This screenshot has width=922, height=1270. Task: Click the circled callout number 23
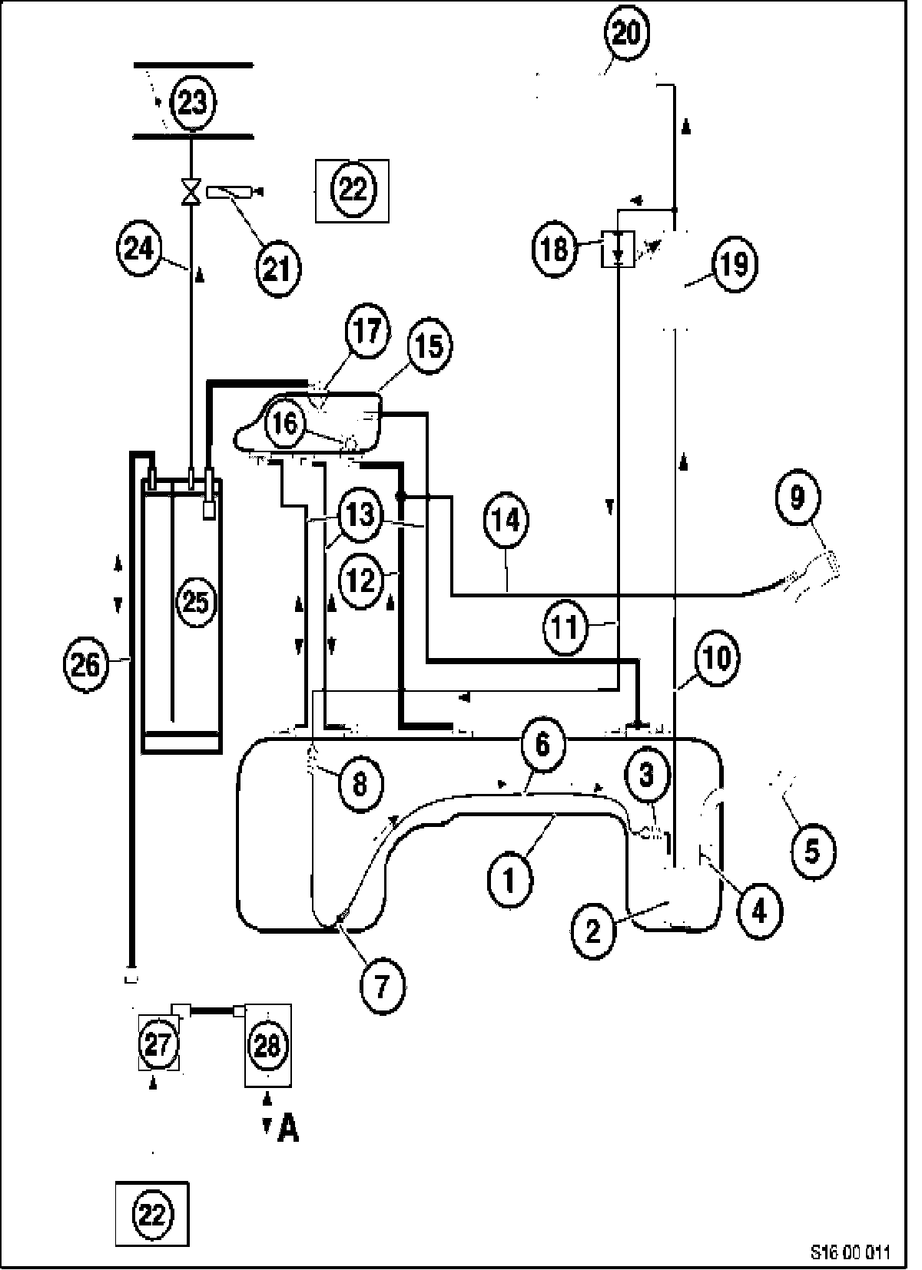(192, 101)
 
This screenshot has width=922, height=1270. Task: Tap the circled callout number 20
(626, 34)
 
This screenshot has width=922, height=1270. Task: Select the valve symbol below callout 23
(190, 190)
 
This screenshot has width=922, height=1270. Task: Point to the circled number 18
(554, 248)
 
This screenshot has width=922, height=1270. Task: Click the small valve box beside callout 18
(618, 248)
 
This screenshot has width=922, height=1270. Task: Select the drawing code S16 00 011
(850, 1252)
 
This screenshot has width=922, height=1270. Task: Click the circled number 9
(798, 498)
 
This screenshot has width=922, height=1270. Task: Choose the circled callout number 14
(506, 521)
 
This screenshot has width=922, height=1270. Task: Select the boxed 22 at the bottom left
(152, 1214)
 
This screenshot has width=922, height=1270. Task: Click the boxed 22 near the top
(353, 190)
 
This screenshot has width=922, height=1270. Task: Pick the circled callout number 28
(267, 1045)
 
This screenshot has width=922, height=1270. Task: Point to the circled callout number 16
(285, 423)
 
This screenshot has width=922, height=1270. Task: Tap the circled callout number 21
(278, 269)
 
